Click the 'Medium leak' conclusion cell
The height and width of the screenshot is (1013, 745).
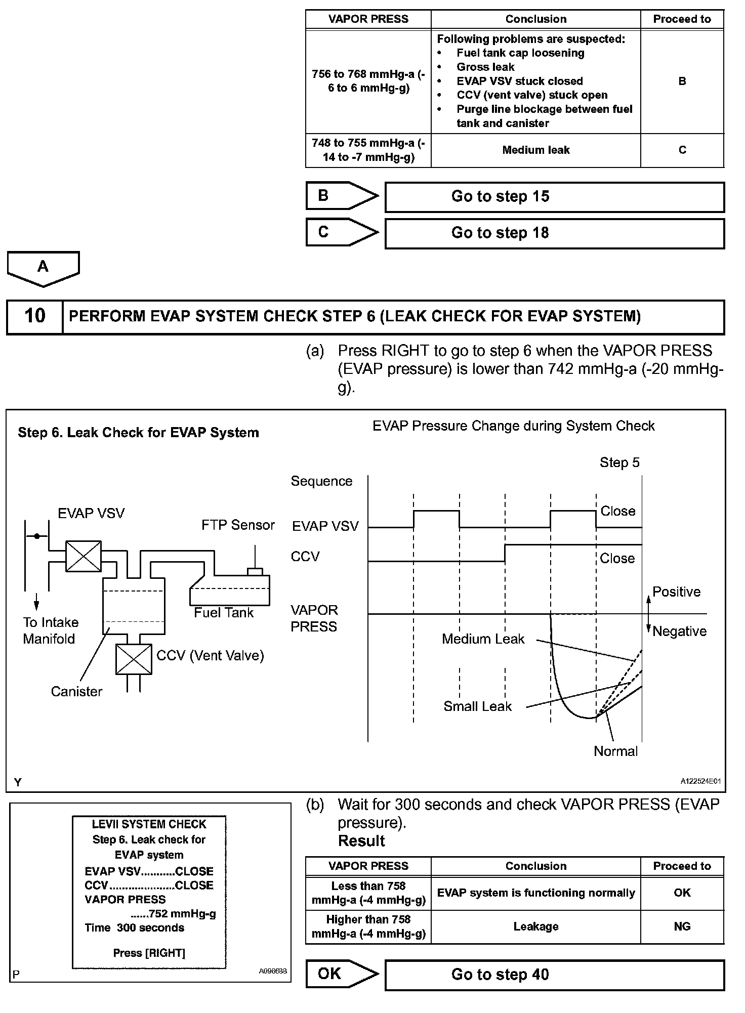(535, 150)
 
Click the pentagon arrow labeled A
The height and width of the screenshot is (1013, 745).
(43, 268)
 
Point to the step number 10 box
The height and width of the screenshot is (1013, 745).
(34, 317)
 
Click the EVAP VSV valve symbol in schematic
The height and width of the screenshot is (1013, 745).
(84, 556)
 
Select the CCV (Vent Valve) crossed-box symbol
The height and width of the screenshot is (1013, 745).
(134, 659)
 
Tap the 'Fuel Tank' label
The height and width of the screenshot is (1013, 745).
(224, 613)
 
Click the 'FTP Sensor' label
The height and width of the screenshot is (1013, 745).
(238, 525)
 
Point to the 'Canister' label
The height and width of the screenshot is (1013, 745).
(76, 692)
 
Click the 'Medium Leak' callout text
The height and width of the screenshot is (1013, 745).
(483, 639)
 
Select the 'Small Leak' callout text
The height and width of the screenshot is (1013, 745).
(477, 706)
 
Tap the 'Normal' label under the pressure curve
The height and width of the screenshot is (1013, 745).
(615, 751)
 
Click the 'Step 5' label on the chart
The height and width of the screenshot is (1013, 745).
(619, 462)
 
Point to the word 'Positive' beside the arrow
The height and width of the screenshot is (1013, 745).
(676, 592)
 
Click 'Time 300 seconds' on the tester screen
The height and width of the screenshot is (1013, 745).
(135, 928)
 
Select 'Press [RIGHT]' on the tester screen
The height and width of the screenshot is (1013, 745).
(149, 953)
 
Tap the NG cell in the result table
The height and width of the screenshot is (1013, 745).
(682, 926)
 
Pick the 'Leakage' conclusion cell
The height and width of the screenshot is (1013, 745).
(535, 926)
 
